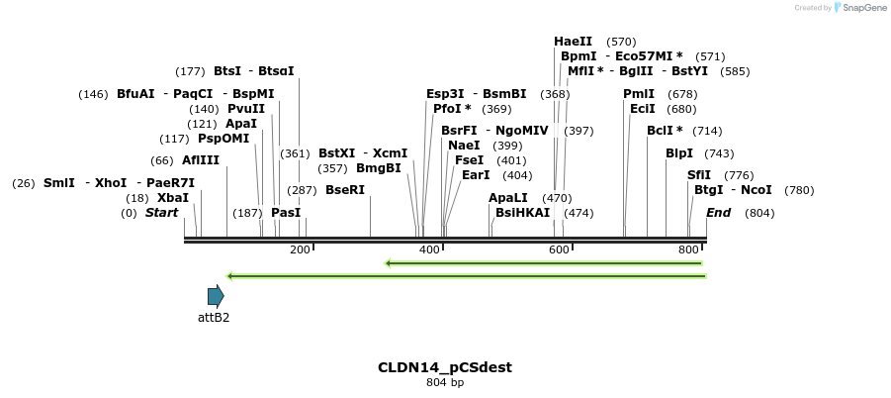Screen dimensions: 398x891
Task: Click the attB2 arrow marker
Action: [216, 295]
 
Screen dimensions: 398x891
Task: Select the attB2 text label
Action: [214, 317]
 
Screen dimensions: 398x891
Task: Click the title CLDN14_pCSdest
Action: [445, 367]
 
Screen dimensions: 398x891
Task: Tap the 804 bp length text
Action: [445, 382]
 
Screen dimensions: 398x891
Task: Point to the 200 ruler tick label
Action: [301, 250]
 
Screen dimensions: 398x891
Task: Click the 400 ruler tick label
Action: [429, 250]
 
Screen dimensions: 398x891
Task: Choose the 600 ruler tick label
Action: [559, 250]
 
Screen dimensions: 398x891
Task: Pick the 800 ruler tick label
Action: [688, 250]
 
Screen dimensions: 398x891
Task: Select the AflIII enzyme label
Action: [201, 160]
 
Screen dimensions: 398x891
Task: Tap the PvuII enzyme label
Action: [246, 109]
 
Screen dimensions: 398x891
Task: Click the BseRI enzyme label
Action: [345, 190]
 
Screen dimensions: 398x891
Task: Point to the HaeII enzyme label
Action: [574, 42]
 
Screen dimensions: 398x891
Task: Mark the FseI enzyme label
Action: [470, 160]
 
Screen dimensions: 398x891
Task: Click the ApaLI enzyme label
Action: [508, 198]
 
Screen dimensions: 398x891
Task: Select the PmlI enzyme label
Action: [639, 94]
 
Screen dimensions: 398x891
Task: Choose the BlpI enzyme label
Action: [679, 153]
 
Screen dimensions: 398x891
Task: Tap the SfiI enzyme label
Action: [699, 175]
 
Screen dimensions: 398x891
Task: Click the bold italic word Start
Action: [162, 213]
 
